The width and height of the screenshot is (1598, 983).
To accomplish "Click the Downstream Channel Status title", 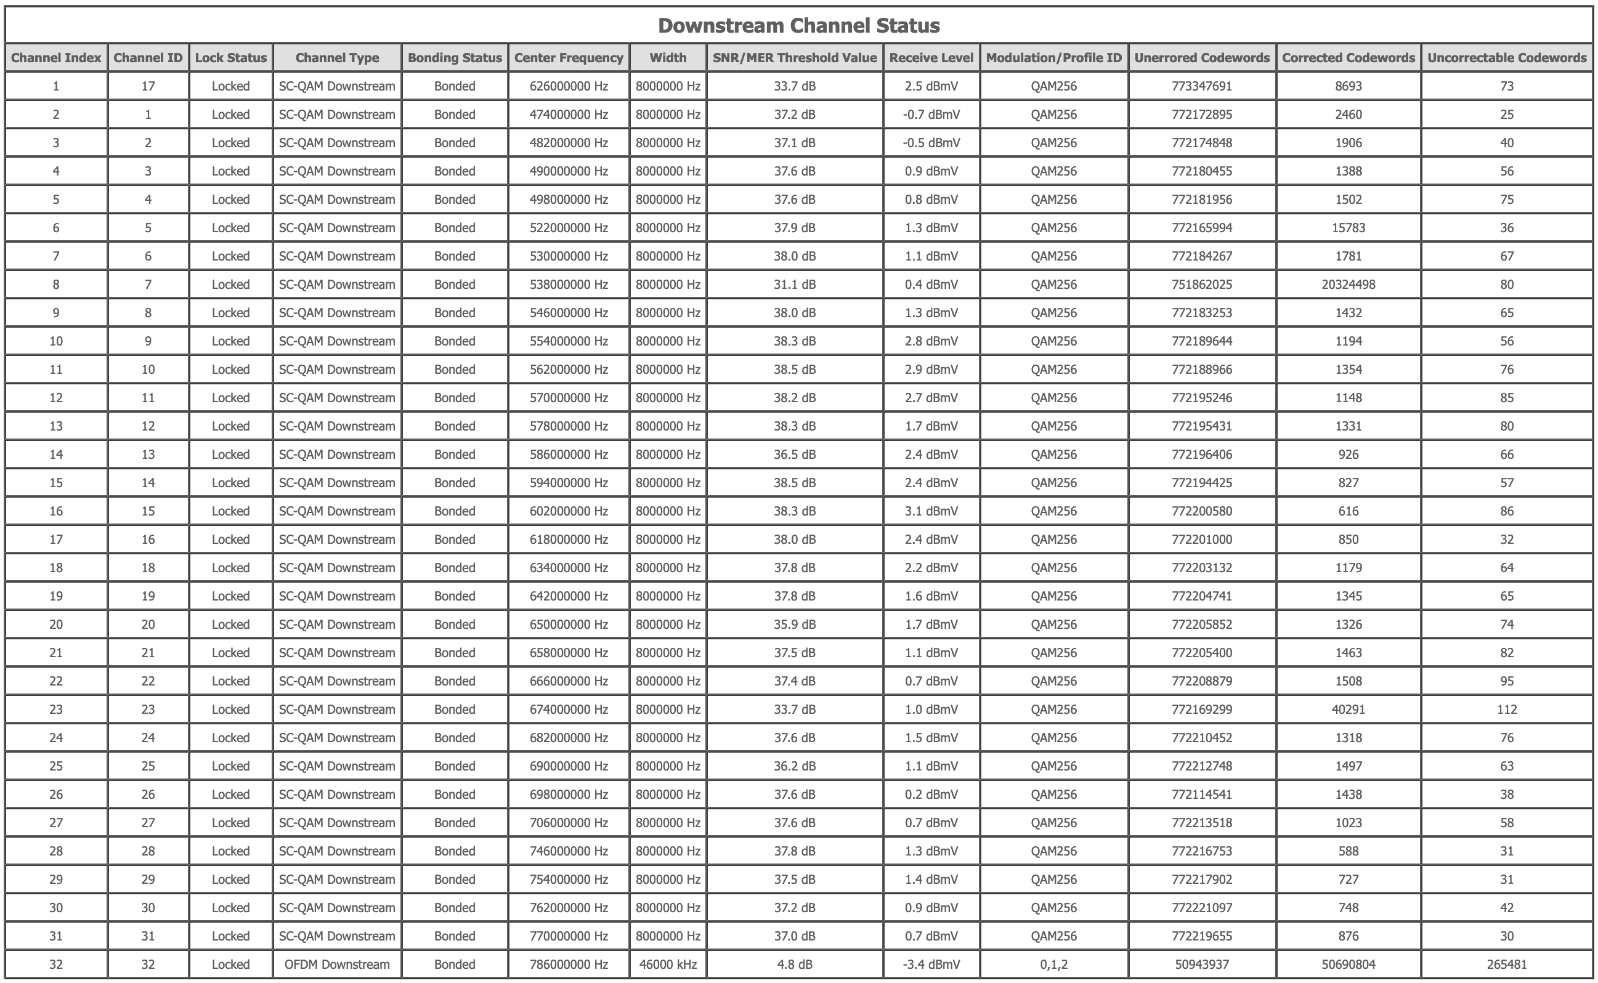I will [798, 25].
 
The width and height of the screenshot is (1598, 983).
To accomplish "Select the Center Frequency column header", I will [568, 58].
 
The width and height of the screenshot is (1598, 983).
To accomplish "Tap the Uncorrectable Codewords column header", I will [1506, 58].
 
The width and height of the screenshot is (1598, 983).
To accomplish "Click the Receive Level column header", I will [931, 58].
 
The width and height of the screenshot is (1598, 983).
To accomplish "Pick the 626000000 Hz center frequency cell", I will [568, 86].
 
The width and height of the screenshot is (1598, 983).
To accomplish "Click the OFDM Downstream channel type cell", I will [337, 965].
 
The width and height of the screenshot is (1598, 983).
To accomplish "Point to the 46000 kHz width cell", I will [668, 965].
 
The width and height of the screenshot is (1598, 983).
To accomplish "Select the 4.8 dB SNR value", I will [795, 965].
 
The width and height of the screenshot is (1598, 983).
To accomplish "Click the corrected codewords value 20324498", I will [1349, 285].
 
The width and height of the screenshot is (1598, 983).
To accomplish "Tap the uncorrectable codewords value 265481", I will [1506, 965].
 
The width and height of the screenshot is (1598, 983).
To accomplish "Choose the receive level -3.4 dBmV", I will [931, 965].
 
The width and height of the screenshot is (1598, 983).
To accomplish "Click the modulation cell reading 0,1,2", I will [1053, 965].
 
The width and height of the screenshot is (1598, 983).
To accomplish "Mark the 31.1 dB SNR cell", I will [795, 285].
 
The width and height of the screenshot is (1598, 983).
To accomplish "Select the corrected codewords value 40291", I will [1349, 710].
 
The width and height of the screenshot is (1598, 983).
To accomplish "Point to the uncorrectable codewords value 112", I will [1506, 710].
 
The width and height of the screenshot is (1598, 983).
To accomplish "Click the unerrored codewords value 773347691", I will [1201, 86].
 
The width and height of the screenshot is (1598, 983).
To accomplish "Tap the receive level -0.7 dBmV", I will [931, 115].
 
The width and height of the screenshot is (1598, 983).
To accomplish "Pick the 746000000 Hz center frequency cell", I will [568, 852].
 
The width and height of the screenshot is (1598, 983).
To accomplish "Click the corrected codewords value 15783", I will [1349, 228].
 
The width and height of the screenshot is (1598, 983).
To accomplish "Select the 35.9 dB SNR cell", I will [795, 625].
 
